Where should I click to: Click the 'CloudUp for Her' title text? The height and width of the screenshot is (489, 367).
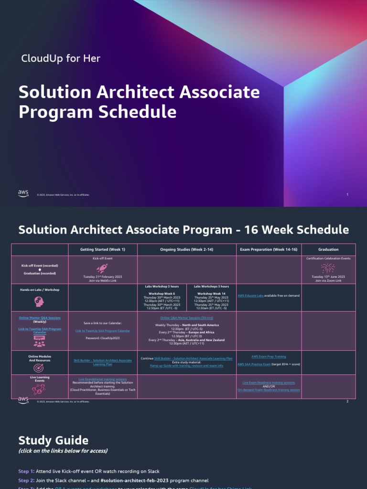[x=61, y=59]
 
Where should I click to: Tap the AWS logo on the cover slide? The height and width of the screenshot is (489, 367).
[x=23, y=193]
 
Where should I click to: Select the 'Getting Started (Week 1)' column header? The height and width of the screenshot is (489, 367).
[x=103, y=249]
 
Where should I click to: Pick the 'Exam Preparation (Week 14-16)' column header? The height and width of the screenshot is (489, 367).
[x=269, y=249]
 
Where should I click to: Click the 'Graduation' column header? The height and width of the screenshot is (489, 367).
[x=328, y=249]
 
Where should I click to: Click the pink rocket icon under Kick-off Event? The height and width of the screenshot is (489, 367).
[x=102, y=268]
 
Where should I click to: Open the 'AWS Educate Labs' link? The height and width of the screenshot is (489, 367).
[x=250, y=296]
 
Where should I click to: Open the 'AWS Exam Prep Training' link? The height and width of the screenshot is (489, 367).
[x=269, y=356]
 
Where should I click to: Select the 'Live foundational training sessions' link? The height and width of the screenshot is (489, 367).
[x=103, y=379]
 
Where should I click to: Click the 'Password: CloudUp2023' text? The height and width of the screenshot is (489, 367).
[x=103, y=338]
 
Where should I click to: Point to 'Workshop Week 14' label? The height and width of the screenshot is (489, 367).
[x=211, y=293]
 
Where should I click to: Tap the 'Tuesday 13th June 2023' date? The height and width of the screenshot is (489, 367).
[x=328, y=276]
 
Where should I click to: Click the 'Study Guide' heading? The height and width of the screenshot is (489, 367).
[x=53, y=440]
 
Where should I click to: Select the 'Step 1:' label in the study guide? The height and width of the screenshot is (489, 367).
[x=26, y=471]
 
